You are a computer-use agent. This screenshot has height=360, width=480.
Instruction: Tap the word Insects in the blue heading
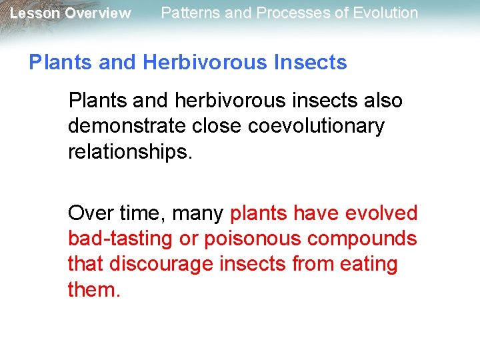pos(311,63)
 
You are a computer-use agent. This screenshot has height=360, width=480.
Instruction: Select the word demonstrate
pos(124,126)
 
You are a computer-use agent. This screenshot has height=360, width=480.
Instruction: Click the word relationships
pos(129,151)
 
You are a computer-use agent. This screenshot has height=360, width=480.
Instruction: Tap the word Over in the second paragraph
pos(89,213)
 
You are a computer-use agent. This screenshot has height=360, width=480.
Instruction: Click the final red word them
pos(94,289)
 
